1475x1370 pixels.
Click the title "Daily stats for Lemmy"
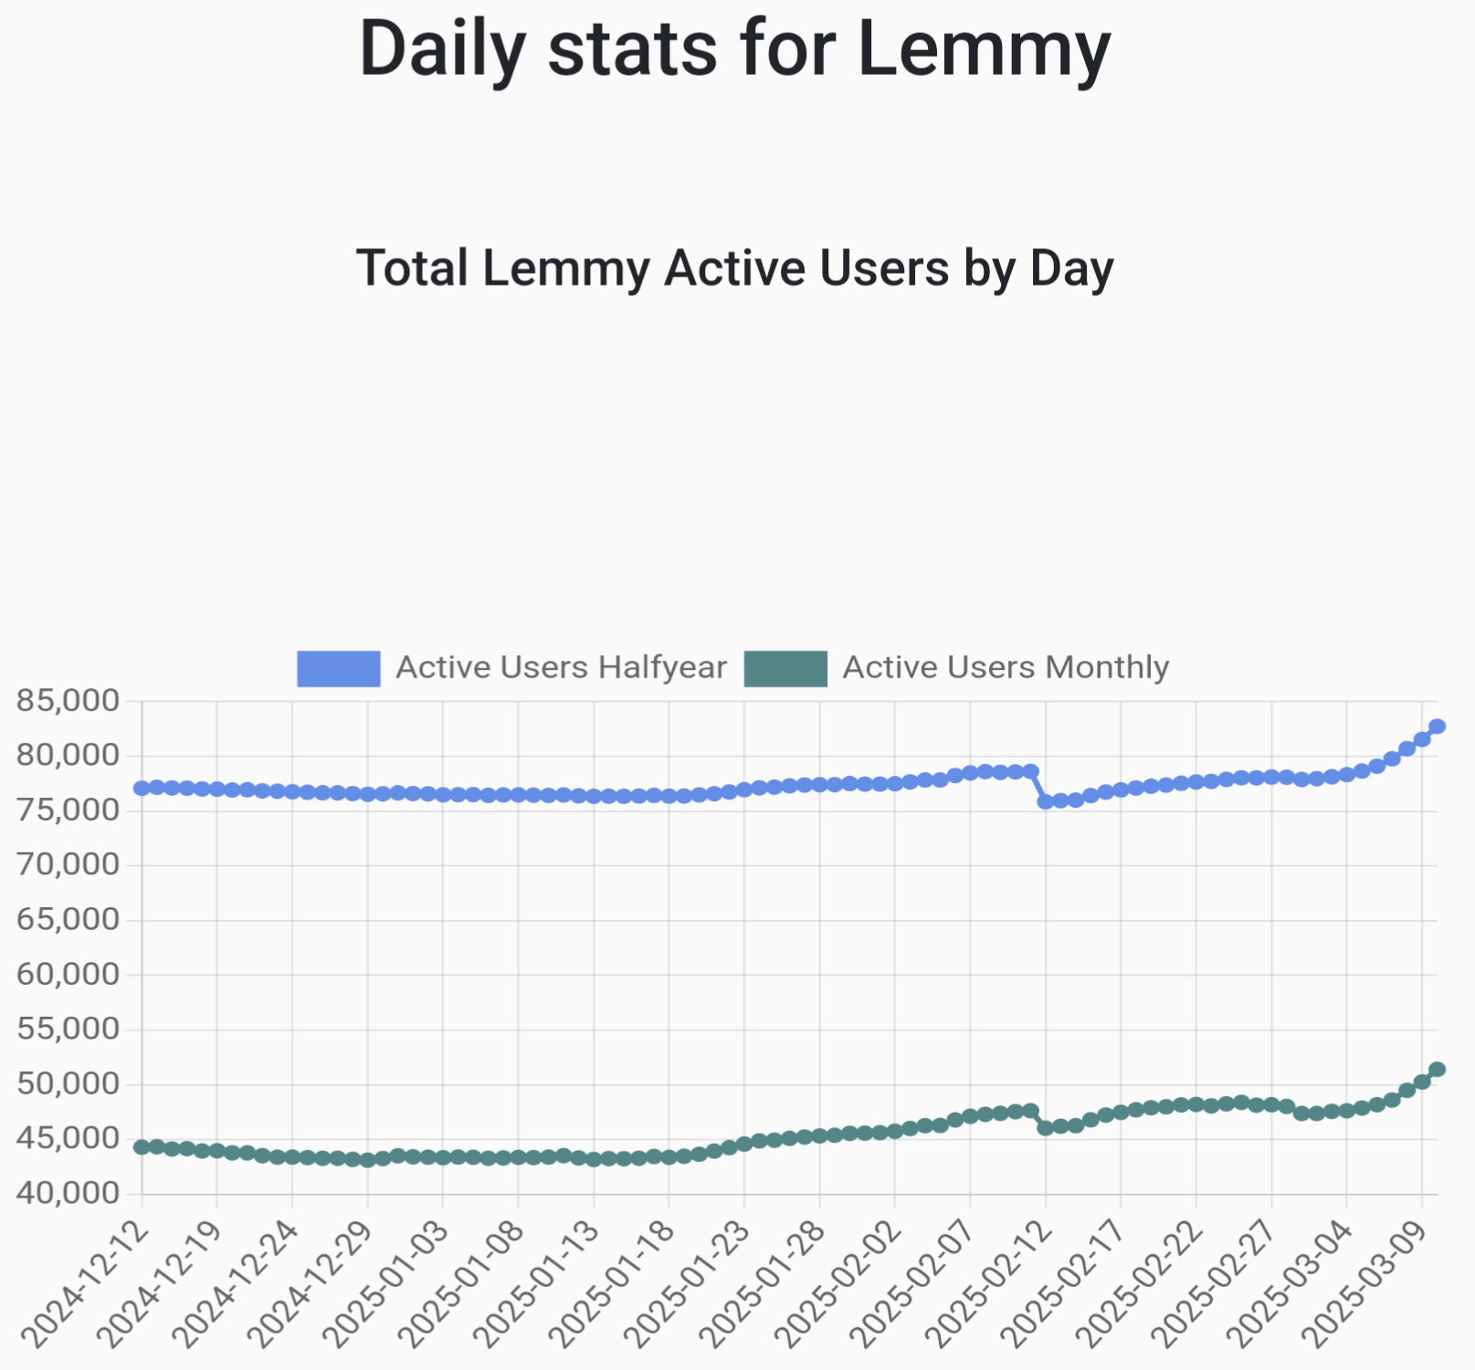735,49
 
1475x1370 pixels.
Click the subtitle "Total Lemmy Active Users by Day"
735,268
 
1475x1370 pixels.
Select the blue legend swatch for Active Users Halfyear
338,668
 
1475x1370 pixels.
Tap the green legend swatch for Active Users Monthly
785,668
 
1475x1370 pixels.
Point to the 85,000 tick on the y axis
68,701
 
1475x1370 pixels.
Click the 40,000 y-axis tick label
68,1193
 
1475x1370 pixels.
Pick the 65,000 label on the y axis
68,919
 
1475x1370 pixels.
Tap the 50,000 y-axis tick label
68,1083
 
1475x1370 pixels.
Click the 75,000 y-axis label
68,810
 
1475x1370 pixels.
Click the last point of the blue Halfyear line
1437,727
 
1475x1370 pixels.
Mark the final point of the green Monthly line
1437,1069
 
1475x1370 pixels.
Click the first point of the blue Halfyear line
142,788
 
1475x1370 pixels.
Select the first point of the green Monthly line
142,1147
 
